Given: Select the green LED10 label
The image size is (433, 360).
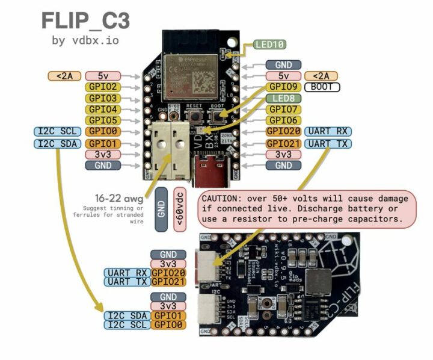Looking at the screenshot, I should (x=270, y=44).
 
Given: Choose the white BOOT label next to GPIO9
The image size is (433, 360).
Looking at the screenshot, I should (x=322, y=87).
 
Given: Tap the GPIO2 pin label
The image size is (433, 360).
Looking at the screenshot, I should (x=103, y=87).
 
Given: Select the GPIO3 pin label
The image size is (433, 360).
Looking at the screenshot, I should (x=103, y=98).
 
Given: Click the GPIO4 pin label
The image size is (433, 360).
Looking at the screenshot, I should (x=103, y=110).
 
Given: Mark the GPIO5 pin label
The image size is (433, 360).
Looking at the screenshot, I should (x=103, y=120).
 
